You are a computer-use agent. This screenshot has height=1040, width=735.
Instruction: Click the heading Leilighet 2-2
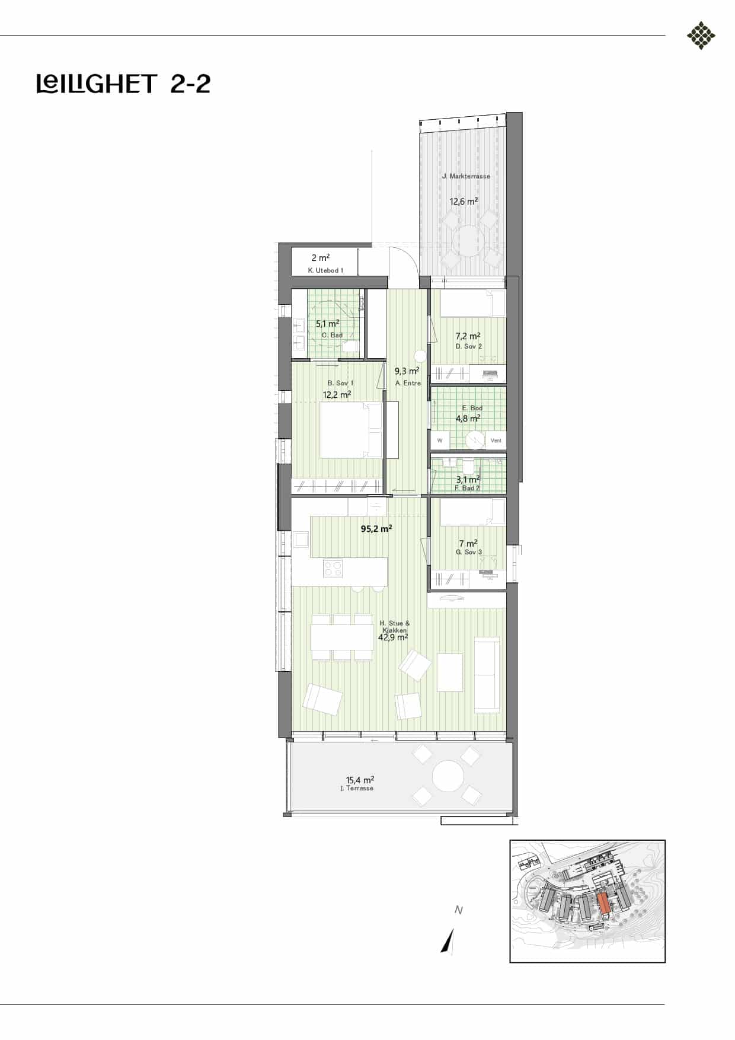click(x=123, y=84)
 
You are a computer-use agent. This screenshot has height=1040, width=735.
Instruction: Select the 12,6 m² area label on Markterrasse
click(x=464, y=201)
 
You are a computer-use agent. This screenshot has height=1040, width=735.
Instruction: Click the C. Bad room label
click(x=332, y=335)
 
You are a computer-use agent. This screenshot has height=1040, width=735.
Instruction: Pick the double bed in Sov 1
click(x=351, y=430)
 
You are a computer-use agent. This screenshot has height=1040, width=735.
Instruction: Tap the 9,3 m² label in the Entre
click(x=407, y=371)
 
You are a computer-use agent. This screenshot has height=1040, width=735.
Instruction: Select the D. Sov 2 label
click(x=468, y=346)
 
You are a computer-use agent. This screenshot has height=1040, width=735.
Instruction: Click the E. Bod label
click(x=472, y=408)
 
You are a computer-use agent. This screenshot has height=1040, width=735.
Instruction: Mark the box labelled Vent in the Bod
click(x=496, y=440)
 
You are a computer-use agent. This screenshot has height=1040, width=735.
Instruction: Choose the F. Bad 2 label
click(x=467, y=488)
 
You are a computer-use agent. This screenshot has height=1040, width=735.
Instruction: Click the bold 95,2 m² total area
click(x=376, y=528)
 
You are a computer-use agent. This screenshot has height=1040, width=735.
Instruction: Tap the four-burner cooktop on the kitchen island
click(x=333, y=569)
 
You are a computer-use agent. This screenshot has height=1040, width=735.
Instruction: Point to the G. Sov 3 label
click(x=468, y=552)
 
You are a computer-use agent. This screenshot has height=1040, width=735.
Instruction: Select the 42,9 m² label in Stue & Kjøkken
click(x=392, y=638)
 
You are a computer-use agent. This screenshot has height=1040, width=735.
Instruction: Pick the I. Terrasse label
click(x=357, y=788)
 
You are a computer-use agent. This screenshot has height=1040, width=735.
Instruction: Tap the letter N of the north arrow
click(x=458, y=910)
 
